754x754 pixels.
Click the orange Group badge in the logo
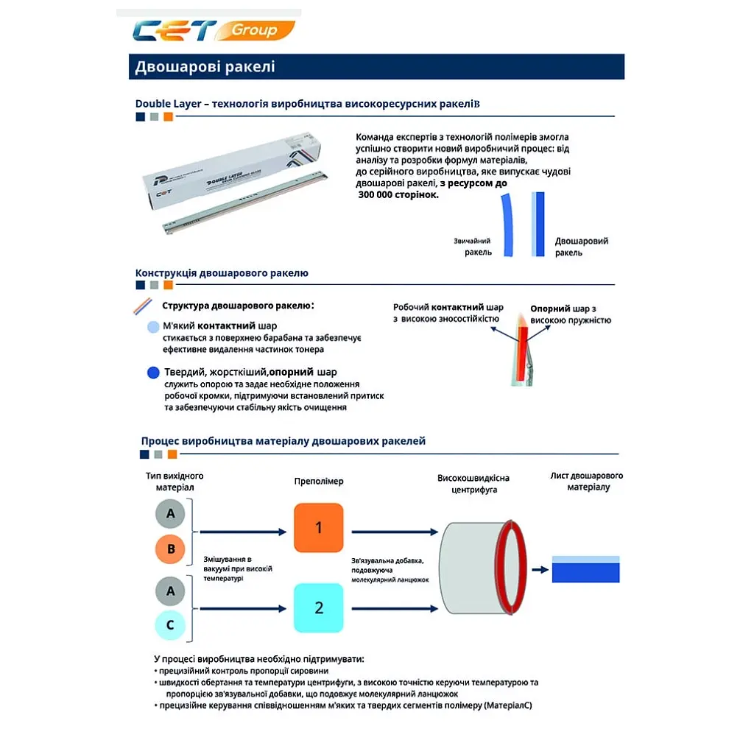tap(255, 30)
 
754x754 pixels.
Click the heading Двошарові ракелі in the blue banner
tap(205, 66)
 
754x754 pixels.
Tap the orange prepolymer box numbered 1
tap(318, 527)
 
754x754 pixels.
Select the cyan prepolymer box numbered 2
tap(318, 607)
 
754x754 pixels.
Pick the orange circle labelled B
tap(170, 549)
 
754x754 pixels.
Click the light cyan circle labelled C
tap(170, 625)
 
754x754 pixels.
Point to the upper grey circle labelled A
tap(170, 513)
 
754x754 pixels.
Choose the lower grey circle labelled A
tap(170, 591)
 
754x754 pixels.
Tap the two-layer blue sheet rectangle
tap(585, 569)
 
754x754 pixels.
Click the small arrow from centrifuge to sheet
tap(540, 570)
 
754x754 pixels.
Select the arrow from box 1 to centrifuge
tap(395, 532)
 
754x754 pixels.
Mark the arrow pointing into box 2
tap(243, 609)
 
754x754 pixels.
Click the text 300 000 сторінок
tap(398, 194)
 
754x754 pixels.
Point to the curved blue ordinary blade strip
tap(507, 225)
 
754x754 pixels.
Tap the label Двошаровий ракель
tap(581, 247)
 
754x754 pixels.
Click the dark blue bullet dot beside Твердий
tap(153, 373)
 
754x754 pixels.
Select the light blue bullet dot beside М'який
tap(153, 327)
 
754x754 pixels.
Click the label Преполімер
tap(319, 482)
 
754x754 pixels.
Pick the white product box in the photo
tap(232, 170)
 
